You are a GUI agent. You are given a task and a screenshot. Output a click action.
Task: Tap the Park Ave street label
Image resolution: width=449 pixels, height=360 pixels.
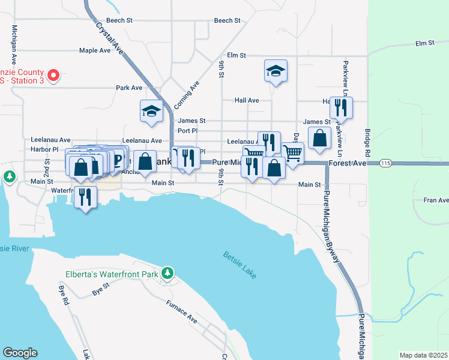pyautogui.click(x=129, y=88)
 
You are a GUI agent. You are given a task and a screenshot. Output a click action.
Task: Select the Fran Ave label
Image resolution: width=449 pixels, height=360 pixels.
pyautogui.click(x=436, y=200)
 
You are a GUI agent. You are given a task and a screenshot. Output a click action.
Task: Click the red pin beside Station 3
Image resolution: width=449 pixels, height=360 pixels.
pyautogui.click(x=53, y=76)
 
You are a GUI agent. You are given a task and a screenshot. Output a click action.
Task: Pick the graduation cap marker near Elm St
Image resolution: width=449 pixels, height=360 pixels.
pyautogui.click(x=276, y=71)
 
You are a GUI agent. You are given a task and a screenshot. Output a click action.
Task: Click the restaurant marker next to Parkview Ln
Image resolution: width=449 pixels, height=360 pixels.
pyautogui.click(x=341, y=108)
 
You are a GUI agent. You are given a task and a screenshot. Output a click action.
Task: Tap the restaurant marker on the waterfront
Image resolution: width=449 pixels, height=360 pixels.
pyautogui.click(x=85, y=196)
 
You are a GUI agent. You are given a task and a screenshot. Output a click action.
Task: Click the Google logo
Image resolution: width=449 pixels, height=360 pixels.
pyautogui.click(x=20, y=353)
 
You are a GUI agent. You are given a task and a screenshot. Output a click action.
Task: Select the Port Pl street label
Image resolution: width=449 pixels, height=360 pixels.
pyautogui.click(x=188, y=130)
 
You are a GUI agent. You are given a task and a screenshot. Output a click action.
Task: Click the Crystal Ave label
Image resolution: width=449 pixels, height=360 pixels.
pyautogui.click(x=109, y=38)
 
